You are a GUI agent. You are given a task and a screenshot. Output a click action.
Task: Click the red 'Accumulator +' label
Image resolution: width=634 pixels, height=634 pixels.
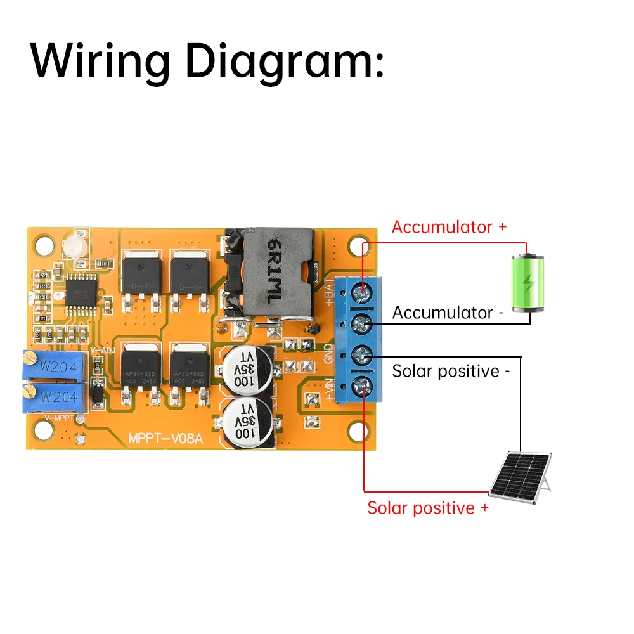pos(449,227)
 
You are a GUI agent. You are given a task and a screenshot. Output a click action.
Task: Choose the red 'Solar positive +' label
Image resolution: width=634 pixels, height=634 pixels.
pos(428,508)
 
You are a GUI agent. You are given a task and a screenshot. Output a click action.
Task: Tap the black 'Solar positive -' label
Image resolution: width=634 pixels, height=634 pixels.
pos(451,371)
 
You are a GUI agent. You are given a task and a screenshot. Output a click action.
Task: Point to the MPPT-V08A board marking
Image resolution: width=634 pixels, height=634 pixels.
pos(165,439)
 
